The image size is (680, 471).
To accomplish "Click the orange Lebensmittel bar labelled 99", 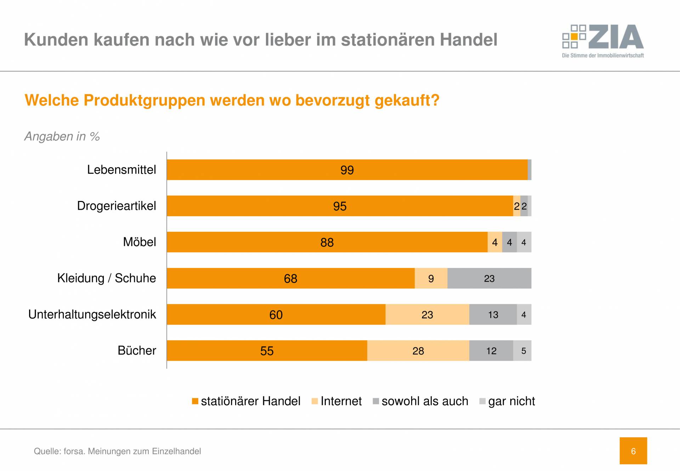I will coord(347,170).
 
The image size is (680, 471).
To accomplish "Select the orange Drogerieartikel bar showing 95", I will coord(340,206).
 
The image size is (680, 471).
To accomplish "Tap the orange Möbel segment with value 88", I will coord(327,242).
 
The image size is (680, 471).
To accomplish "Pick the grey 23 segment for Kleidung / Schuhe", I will coord(489,279).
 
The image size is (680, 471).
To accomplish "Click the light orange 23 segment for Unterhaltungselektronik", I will coord(427,315).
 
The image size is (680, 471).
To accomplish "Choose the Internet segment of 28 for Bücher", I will coord(418,351).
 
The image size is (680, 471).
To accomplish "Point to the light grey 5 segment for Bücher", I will coord(523,351).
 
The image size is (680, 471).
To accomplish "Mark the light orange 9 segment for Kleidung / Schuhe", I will coord(431,279).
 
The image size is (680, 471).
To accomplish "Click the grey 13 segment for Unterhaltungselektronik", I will coord(493,315).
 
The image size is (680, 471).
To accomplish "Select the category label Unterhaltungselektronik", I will coord(92,314).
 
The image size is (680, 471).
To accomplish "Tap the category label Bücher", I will coord(137,351).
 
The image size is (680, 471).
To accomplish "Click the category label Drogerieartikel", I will coord(117,206).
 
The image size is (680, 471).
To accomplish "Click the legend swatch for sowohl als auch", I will coord(376,401).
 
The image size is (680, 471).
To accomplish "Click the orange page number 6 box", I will coord(633,451).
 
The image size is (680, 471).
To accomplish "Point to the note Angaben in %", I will coord(62,136).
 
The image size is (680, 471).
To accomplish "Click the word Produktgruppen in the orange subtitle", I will coord(144,100).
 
